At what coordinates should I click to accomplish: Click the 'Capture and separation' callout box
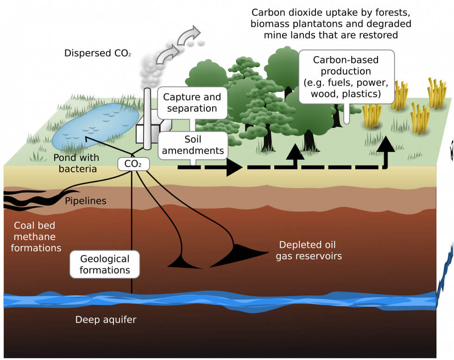(192, 103)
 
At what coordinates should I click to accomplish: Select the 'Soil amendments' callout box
(192, 145)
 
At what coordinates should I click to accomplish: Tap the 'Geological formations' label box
(105, 264)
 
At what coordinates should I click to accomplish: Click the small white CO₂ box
(130, 164)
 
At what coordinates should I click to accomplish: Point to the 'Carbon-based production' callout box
(347, 77)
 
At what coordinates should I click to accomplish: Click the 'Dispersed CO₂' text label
(98, 53)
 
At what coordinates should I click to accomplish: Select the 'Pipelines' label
(85, 201)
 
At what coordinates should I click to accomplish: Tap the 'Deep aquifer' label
(106, 320)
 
